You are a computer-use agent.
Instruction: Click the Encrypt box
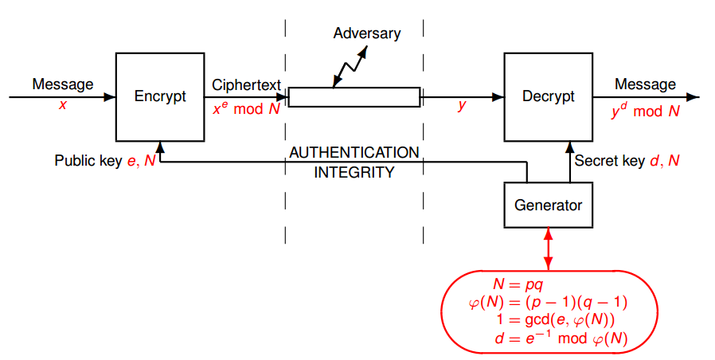(160, 96)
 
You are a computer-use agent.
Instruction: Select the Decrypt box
(548, 96)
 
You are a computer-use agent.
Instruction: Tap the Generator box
(548, 205)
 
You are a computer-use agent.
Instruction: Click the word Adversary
(367, 33)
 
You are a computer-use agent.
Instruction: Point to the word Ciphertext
(246, 84)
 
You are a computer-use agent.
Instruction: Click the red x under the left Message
(62, 104)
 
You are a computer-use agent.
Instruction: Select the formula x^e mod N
(246, 108)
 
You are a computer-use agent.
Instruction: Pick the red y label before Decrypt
(461, 104)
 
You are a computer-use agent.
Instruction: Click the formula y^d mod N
(645, 111)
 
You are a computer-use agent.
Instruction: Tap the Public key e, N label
(104, 161)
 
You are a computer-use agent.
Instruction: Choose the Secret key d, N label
(627, 161)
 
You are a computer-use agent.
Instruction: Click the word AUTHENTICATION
(354, 152)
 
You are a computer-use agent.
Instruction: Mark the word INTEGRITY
(354, 172)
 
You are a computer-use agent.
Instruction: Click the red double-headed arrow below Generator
(548, 248)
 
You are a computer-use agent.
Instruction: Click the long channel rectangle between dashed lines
(354, 97)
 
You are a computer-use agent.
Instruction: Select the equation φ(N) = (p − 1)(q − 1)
(549, 303)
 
